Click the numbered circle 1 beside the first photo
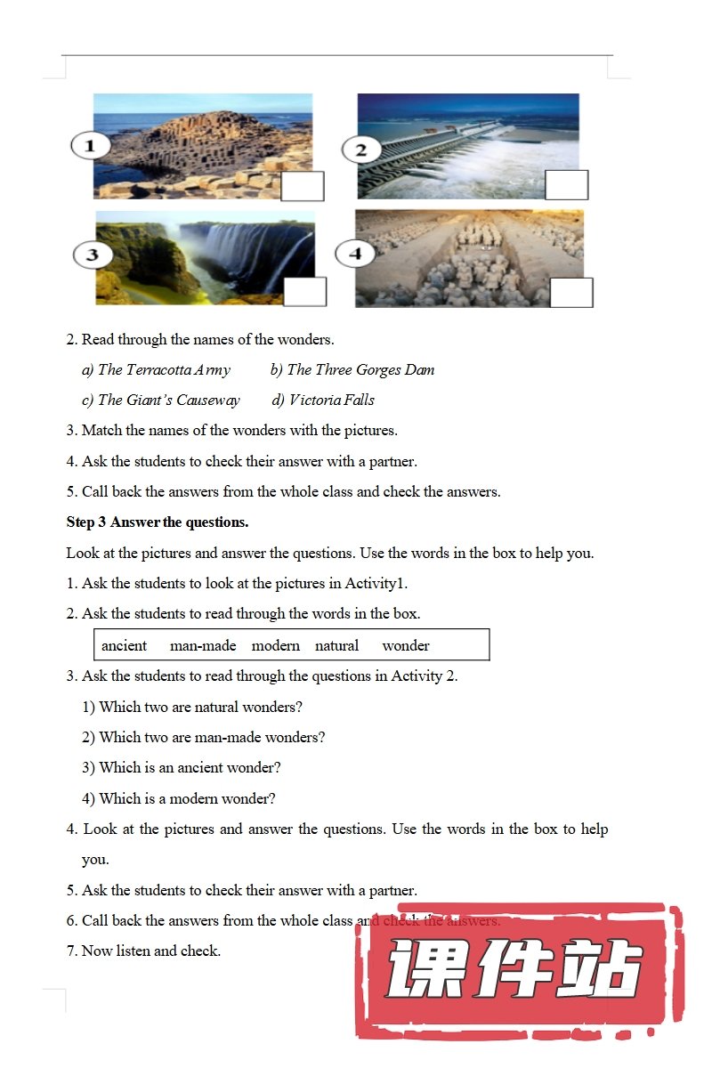90,145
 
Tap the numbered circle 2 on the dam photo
360,150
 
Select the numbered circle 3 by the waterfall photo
92,255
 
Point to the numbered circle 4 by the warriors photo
355,254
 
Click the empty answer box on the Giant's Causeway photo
303,186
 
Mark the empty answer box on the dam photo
567,185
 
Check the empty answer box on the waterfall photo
304,291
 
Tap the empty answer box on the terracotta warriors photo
571,292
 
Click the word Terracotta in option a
155,369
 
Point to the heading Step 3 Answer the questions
158,522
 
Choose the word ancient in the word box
124,645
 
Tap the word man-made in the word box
203,645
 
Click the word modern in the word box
275,645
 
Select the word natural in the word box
336,645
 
